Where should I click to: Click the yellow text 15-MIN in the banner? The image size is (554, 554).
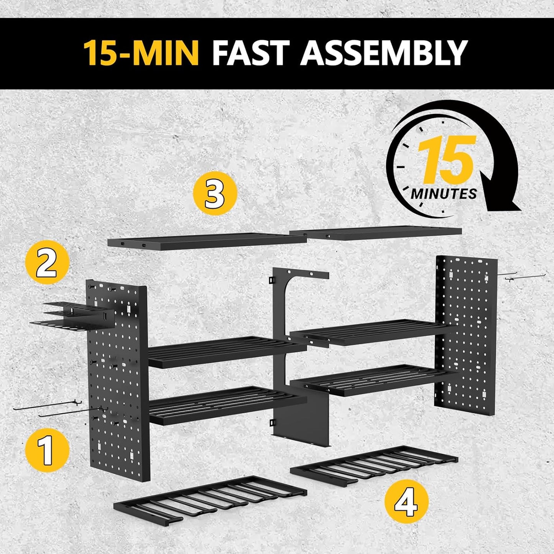coord(141,53)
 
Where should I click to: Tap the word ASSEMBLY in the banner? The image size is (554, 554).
coord(384,53)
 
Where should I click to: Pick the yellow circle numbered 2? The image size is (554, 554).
coord(47,262)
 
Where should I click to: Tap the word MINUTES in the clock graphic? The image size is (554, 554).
coord(444,194)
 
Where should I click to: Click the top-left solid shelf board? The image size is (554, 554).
coord(207,242)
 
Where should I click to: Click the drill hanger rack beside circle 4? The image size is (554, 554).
coord(374,466)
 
